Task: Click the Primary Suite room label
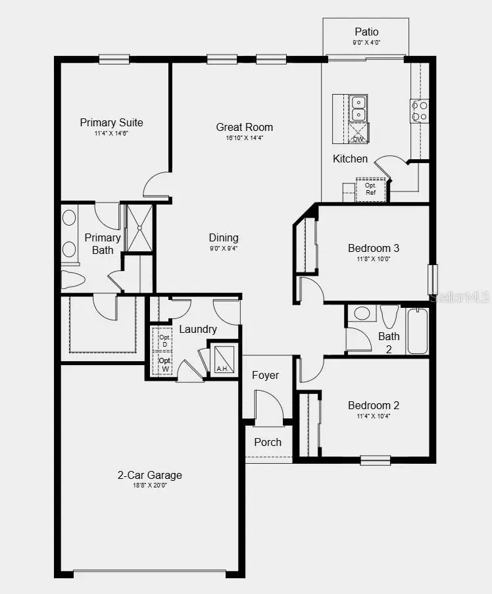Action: click(111, 122)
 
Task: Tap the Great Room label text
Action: click(245, 127)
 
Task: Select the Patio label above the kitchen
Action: click(366, 32)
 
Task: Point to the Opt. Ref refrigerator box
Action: click(370, 189)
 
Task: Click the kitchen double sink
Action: click(358, 109)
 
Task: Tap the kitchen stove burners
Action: click(419, 111)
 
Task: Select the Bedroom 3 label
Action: click(374, 248)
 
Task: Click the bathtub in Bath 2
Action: click(417, 331)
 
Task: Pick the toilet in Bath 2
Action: click(389, 316)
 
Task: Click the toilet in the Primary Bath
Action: click(73, 280)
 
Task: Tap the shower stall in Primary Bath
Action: click(139, 228)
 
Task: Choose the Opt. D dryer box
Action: click(164, 340)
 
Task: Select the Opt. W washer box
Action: click(164, 364)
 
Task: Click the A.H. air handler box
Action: click(222, 358)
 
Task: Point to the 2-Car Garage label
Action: click(150, 475)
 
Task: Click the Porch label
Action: click(268, 442)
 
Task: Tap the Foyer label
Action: click(266, 375)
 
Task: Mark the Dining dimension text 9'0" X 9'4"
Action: click(224, 249)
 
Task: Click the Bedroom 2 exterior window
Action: click(375, 460)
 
